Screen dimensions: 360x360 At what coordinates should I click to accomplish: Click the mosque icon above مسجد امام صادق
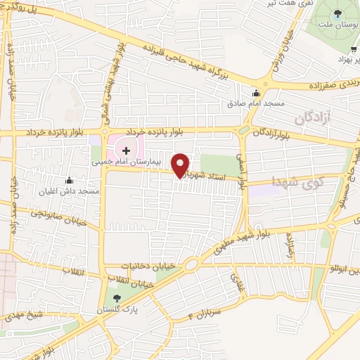click(256, 93)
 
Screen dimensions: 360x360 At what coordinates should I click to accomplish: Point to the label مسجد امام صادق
click(255, 103)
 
